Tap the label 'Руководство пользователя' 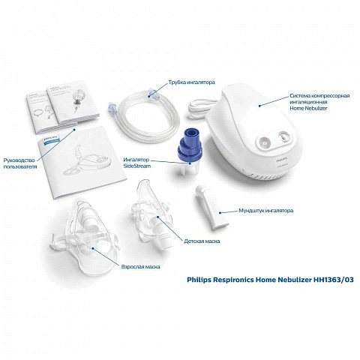pyautogui.click(x=19, y=163)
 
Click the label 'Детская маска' pyautogui.click(x=200, y=241)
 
